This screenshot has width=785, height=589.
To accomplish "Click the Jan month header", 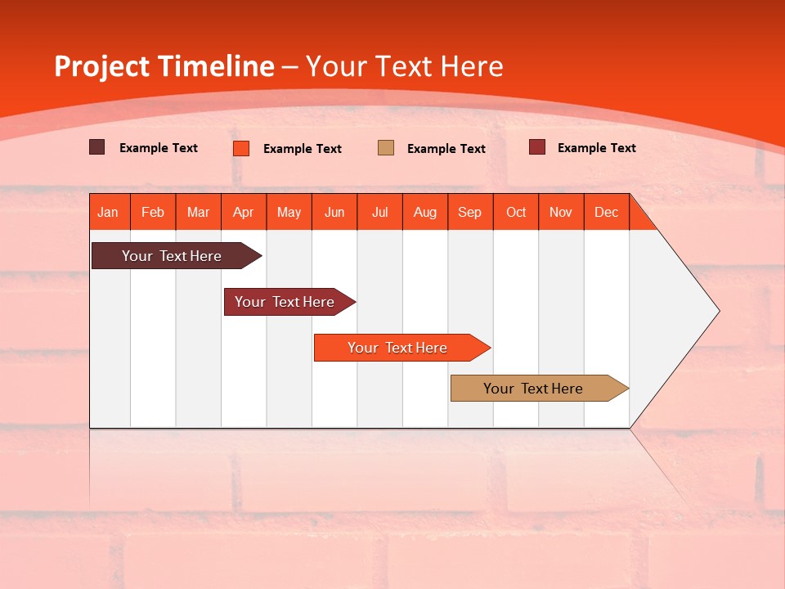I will (109, 212).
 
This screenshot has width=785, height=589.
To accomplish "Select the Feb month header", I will (153, 212).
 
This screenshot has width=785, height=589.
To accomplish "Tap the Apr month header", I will (244, 212).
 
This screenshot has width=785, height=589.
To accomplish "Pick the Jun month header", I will (334, 212).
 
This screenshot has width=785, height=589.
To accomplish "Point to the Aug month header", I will (425, 212).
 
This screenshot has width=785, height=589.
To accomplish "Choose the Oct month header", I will (516, 212).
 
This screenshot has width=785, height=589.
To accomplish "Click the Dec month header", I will (607, 212).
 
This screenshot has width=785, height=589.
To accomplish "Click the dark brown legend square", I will (97, 147).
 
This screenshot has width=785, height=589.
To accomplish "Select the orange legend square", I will (241, 148).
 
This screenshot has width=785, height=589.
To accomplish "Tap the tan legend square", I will (386, 148).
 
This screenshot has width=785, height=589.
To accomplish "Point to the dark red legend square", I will (537, 147).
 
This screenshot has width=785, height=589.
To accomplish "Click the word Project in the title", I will (101, 66).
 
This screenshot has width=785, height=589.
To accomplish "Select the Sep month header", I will (470, 212).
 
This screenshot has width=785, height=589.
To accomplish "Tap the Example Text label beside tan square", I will (446, 149).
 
